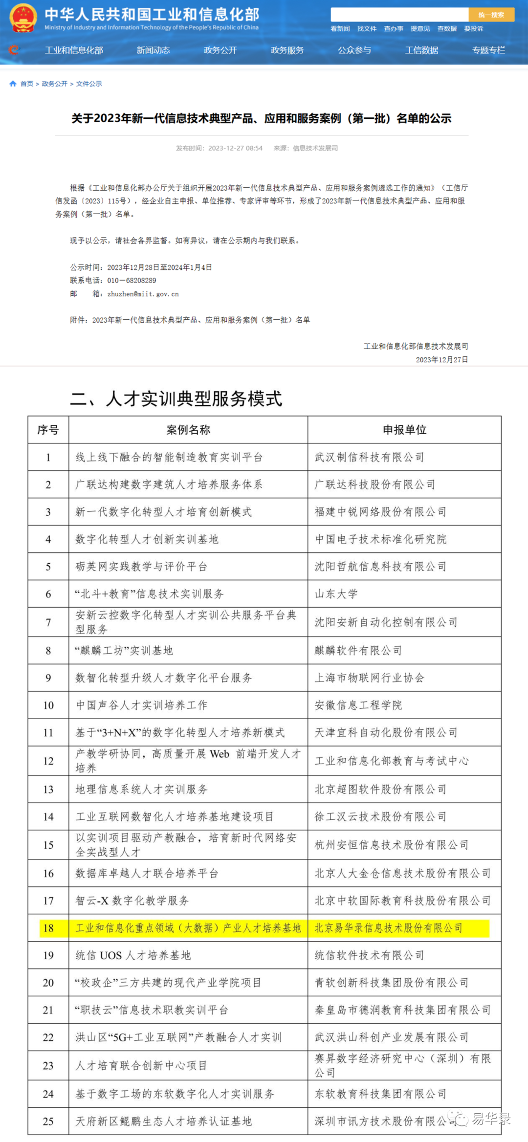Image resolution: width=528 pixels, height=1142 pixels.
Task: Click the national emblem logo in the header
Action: [x=23, y=18]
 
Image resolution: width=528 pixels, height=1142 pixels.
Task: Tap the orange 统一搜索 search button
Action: [x=491, y=15]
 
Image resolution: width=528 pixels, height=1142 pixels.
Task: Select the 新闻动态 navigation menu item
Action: [x=153, y=50]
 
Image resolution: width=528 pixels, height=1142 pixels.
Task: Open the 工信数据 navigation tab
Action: [x=421, y=50]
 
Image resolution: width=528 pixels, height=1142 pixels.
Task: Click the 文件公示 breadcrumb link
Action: [x=89, y=84]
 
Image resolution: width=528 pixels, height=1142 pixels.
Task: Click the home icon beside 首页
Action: [x=13, y=84]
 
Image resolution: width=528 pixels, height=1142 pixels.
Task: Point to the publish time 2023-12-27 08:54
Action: [x=235, y=148]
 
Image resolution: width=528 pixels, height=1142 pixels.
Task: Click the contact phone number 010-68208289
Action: [x=132, y=281]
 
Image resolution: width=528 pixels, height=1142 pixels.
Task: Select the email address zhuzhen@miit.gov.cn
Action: [x=143, y=294]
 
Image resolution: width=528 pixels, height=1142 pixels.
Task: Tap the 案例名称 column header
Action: [x=188, y=430]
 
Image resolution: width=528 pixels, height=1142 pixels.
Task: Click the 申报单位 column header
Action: [x=404, y=430]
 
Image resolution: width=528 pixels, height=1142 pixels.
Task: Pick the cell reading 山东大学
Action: [x=336, y=594]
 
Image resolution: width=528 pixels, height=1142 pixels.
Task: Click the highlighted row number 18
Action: [x=48, y=928]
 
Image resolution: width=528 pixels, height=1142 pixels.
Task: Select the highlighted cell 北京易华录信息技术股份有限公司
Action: [x=388, y=928]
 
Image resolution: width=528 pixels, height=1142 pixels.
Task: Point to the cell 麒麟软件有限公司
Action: [x=358, y=651]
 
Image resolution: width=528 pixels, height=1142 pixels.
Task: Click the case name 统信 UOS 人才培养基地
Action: [x=133, y=955]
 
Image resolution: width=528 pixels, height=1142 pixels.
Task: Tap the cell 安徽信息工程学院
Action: [x=358, y=705]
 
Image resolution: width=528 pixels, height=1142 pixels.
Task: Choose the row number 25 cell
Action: [x=48, y=1121]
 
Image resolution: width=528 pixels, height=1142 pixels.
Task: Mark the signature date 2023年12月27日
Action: [x=441, y=360]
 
